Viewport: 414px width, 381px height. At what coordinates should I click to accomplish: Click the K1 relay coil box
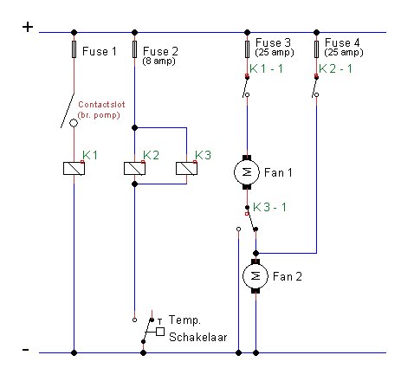click(x=74, y=169)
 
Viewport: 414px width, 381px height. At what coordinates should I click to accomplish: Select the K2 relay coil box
click(x=134, y=169)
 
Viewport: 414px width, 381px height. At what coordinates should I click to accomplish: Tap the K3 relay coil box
click(x=186, y=169)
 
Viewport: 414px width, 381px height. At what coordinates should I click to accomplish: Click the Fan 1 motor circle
click(x=247, y=172)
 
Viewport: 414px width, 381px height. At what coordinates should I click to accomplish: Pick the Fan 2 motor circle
click(x=256, y=276)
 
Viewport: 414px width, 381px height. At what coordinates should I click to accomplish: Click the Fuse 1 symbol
click(x=74, y=49)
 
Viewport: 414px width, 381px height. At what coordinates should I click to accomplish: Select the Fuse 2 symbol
click(x=134, y=49)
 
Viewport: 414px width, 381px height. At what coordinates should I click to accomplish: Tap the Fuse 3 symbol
click(x=247, y=49)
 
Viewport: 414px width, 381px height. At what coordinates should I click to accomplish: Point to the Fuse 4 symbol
click(x=316, y=49)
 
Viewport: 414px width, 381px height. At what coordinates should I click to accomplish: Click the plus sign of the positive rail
click(x=28, y=27)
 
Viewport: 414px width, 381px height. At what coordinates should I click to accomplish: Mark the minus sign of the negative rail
click(x=26, y=350)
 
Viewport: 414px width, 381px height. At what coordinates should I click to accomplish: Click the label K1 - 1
click(x=266, y=68)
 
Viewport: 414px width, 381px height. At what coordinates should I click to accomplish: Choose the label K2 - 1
click(x=335, y=68)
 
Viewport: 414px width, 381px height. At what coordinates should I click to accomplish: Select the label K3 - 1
click(x=269, y=207)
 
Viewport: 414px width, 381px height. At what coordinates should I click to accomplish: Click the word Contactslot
click(x=101, y=104)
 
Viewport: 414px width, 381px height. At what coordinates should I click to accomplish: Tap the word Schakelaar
click(x=198, y=337)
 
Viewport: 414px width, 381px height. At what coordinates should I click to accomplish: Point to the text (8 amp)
click(x=158, y=61)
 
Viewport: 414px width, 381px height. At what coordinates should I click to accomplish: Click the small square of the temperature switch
click(x=160, y=332)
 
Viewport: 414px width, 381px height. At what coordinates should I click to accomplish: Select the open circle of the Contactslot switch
click(x=74, y=123)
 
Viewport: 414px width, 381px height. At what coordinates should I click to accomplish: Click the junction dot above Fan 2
click(x=256, y=254)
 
